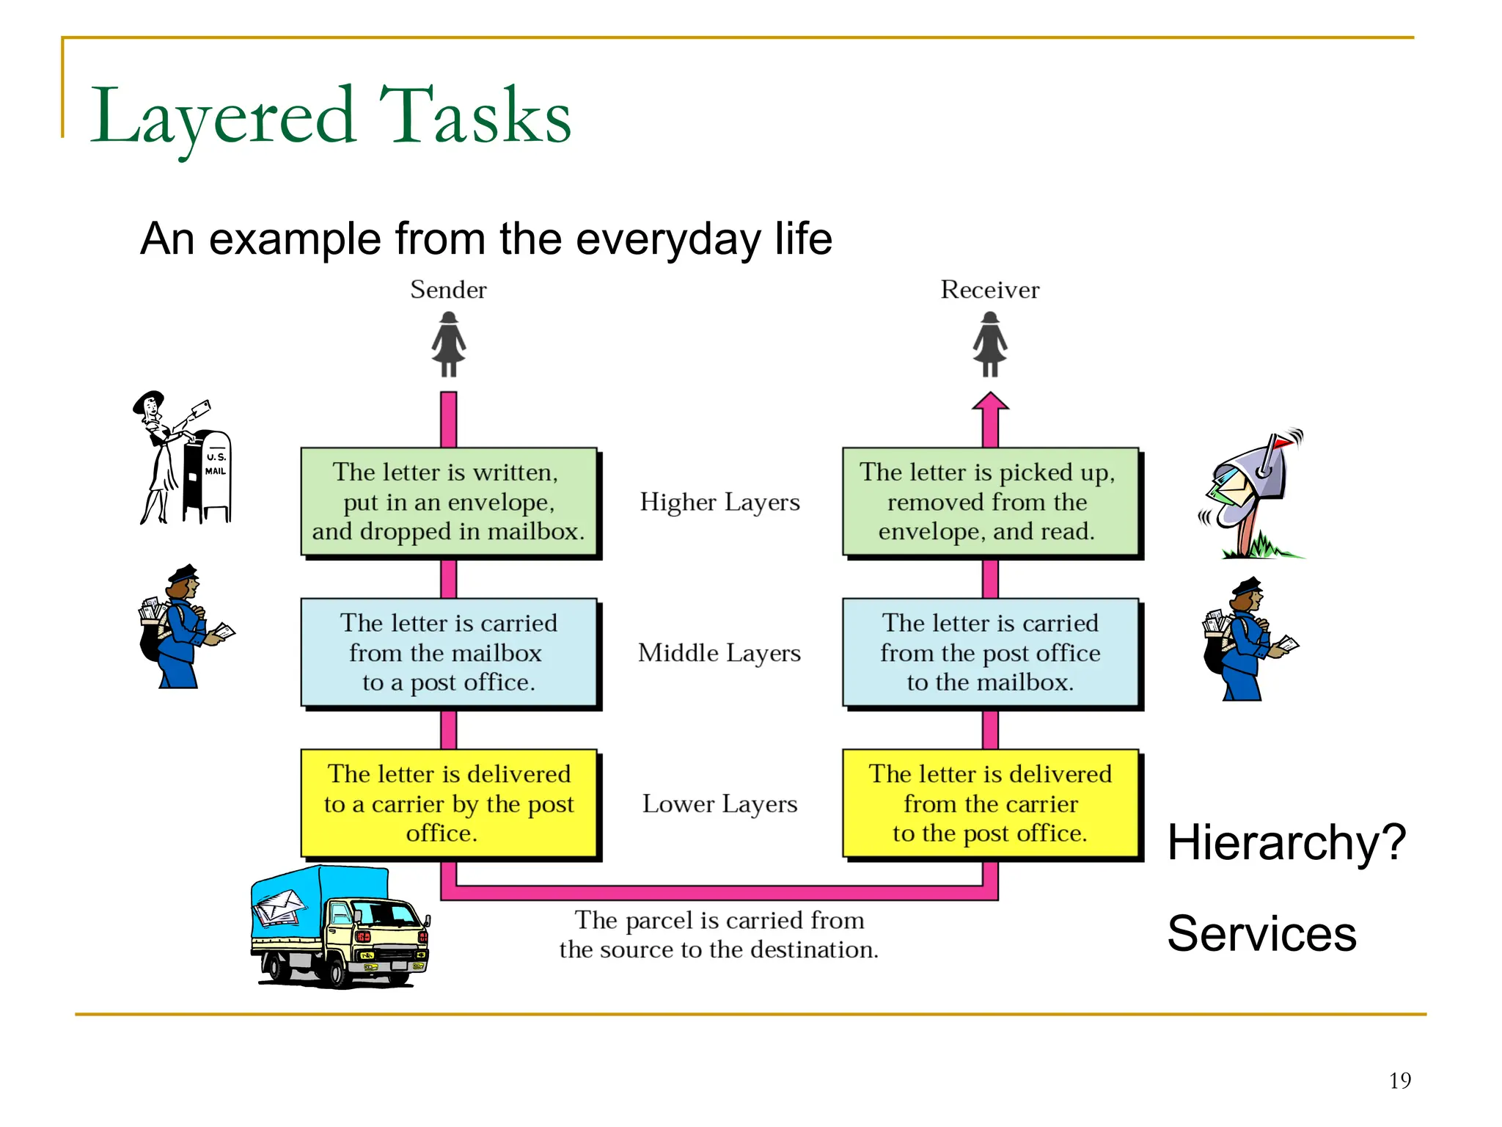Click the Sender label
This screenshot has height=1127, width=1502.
point(448,290)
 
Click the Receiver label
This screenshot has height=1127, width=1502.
point(989,290)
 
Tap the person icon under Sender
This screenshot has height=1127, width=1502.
point(448,344)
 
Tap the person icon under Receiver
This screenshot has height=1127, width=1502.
point(989,344)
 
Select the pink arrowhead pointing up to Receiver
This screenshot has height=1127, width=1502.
point(990,403)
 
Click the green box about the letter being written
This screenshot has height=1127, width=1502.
point(449,502)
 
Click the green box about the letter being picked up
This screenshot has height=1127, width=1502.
point(990,502)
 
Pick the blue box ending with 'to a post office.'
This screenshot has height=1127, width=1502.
point(449,652)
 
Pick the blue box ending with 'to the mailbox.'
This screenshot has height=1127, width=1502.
point(990,652)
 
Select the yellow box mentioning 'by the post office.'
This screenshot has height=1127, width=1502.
point(449,803)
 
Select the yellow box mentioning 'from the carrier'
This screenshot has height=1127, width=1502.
point(990,803)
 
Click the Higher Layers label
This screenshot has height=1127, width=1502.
point(719,503)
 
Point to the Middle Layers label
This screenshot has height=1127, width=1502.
point(719,653)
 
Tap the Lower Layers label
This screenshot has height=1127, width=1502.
point(719,804)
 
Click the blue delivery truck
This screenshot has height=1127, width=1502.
point(339,928)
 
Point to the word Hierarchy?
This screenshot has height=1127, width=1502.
point(1286,842)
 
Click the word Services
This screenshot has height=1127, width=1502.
point(1261,934)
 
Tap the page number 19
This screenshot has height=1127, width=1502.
point(1399,1081)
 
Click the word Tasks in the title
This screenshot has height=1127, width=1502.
point(475,116)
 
